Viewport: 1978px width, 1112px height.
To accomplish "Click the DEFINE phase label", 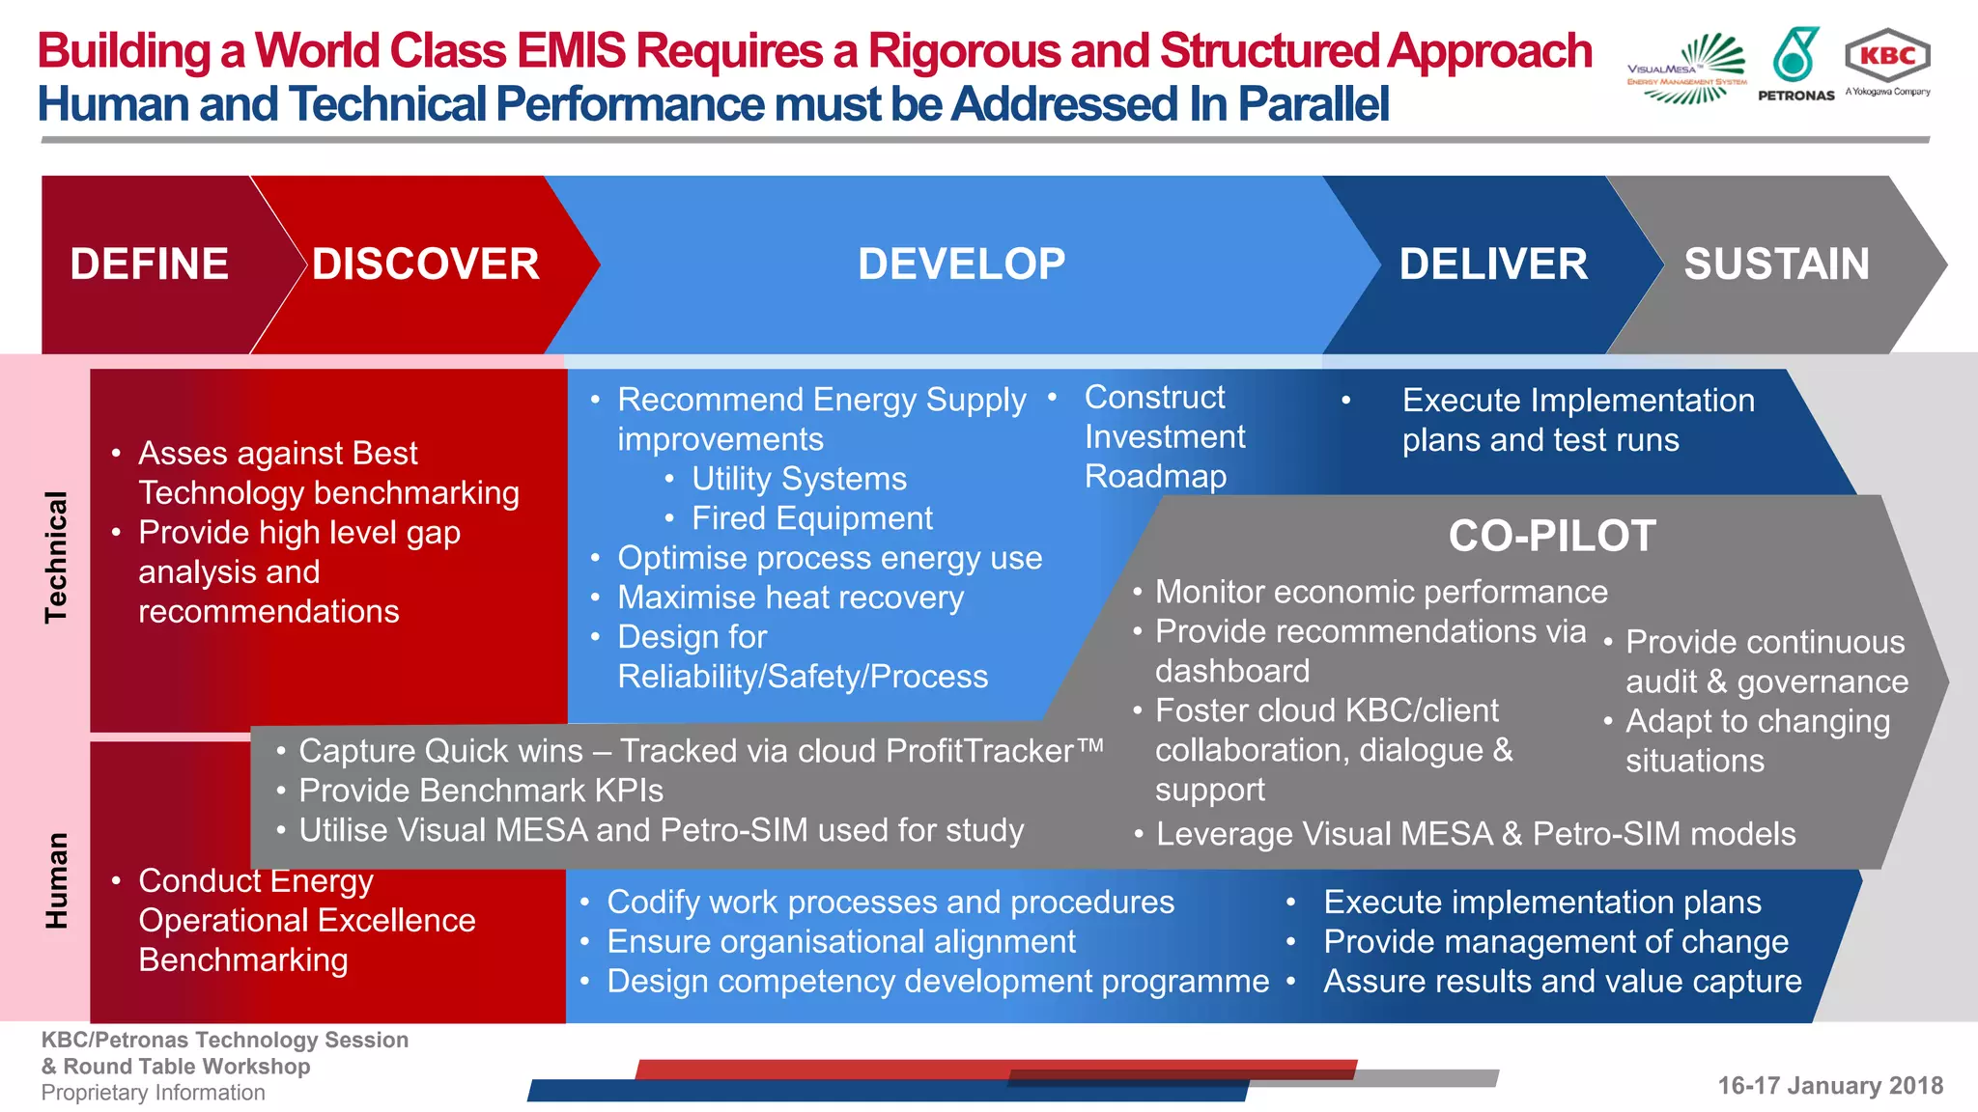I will pyautogui.click(x=149, y=264).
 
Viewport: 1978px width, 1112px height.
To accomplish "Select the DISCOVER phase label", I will pyautogui.click(x=425, y=264).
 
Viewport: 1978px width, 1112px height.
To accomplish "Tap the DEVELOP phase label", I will pyautogui.click(x=961, y=264).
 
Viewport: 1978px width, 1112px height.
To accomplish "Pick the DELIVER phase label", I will pyautogui.click(x=1493, y=264).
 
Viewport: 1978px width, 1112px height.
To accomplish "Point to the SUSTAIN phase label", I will pyautogui.click(x=1776, y=264).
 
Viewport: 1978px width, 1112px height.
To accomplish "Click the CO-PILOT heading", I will pyautogui.click(x=1552, y=536).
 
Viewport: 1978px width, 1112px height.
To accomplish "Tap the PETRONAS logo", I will pyautogui.click(x=1796, y=64).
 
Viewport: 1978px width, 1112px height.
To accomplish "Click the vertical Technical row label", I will pyautogui.click(x=56, y=557).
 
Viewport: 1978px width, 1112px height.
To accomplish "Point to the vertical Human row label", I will pyautogui.click(x=56, y=880).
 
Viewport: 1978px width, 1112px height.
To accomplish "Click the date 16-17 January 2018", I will pyautogui.click(x=1829, y=1086).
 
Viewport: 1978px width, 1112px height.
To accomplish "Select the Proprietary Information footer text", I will pyautogui.click(x=153, y=1093).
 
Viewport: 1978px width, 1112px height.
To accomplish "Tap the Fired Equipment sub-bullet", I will pyautogui.click(x=811, y=518).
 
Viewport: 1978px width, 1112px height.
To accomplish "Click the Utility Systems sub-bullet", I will pyautogui.click(x=799, y=479).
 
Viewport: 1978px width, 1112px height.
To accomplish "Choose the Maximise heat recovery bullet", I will pyautogui.click(x=790, y=598).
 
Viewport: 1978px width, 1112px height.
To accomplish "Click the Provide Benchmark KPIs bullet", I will pyautogui.click(x=480, y=791).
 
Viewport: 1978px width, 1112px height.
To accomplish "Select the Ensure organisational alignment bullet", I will pyautogui.click(x=840, y=941).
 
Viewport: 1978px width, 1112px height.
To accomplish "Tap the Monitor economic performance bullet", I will pyautogui.click(x=1381, y=592).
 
